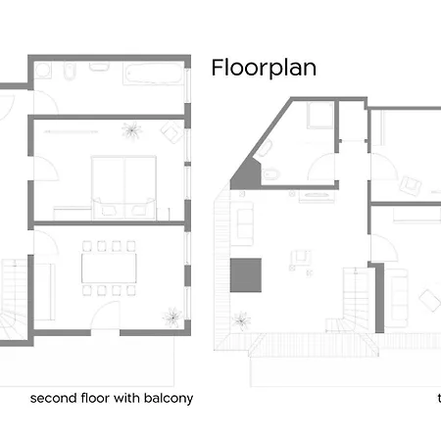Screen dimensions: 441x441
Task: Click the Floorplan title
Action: point(264,68)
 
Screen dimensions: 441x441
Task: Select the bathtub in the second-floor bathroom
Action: point(153,73)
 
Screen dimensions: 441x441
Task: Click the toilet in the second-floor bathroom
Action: point(70,71)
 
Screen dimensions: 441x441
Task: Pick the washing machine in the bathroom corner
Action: point(43,71)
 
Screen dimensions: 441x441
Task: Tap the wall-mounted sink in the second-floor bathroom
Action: point(99,67)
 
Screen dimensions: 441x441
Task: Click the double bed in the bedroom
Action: point(123,188)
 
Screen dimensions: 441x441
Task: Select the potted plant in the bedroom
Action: point(131,130)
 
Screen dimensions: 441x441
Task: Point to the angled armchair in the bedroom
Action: point(171,132)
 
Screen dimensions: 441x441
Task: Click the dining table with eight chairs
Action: point(109,269)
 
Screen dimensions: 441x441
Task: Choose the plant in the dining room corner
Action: point(172,317)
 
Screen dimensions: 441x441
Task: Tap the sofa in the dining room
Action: point(44,292)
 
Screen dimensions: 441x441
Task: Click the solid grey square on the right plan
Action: point(246,275)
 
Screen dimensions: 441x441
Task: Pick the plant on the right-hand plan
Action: point(241,320)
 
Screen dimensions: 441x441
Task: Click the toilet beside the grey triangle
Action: point(270,174)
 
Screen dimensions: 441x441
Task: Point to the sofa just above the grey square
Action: point(242,223)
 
